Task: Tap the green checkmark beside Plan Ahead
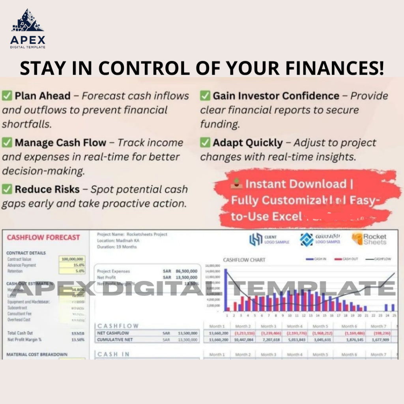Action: coord(7,95)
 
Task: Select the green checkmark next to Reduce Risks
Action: coord(7,189)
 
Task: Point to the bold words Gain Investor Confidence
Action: coord(276,95)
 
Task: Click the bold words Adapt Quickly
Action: coord(247,142)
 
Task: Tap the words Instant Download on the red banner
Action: coord(295,184)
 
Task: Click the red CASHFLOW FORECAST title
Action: coord(43,238)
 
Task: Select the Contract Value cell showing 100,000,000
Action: coord(73,259)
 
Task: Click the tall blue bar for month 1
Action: coord(226,290)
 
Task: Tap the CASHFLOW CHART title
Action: coord(244,260)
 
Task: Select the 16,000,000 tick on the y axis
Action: coord(212,266)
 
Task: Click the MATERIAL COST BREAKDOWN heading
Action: coord(37,354)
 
